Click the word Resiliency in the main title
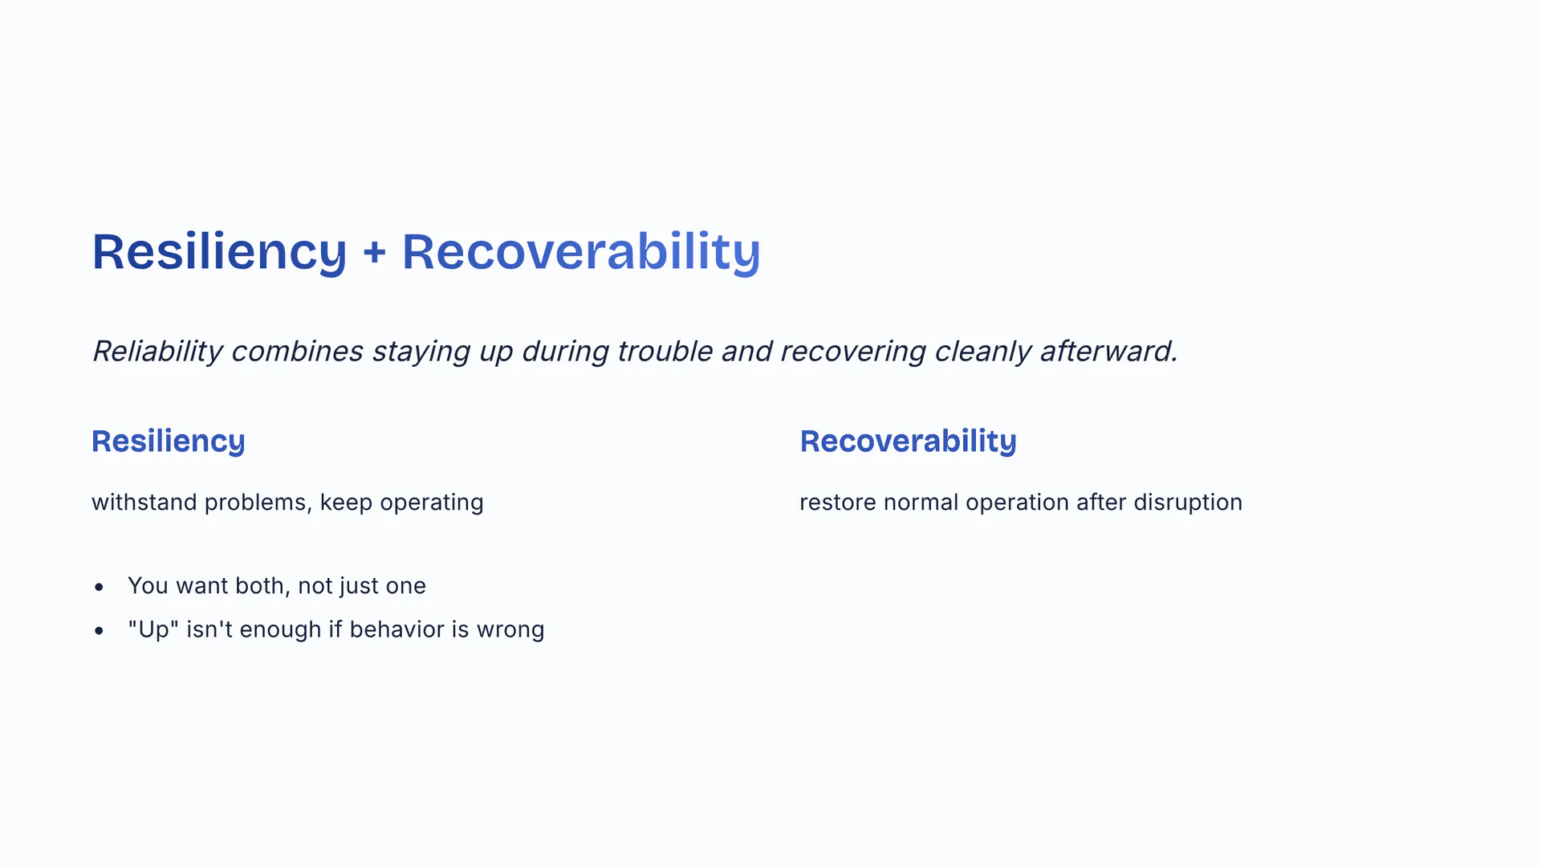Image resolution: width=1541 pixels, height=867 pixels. click(219, 252)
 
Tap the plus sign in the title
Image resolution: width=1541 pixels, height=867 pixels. click(374, 253)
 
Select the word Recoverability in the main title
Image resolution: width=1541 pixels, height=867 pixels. click(581, 252)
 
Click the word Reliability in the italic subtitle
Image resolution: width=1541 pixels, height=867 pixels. click(157, 352)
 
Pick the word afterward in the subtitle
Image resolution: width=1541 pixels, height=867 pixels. click(1108, 352)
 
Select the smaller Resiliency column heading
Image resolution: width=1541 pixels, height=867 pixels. click(169, 442)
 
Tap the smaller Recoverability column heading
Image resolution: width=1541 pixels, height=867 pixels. click(908, 442)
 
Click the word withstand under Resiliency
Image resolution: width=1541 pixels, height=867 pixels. click(144, 503)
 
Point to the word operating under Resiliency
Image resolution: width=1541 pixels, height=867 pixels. click(432, 503)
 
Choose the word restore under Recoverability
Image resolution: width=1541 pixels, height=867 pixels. click(837, 503)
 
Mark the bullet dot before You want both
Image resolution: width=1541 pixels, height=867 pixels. click(99, 587)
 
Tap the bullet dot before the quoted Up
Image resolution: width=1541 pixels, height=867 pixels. click(99, 630)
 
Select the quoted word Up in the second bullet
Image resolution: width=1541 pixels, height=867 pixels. click(153, 629)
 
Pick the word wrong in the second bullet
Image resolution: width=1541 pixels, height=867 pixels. click(510, 630)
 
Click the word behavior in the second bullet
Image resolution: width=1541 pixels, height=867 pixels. click(396, 629)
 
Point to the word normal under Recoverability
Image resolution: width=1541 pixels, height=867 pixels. click(921, 503)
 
